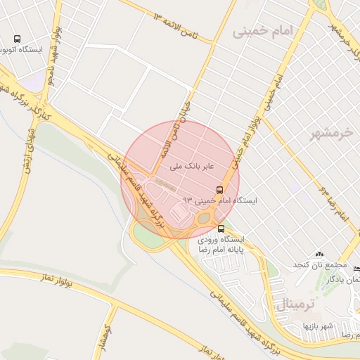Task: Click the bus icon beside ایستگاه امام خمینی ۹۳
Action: pyautogui.click(x=219, y=190)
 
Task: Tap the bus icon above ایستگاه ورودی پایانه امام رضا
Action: pyautogui.click(x=221, y=229)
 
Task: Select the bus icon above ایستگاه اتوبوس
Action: pyautogui.click(x=17, y=39)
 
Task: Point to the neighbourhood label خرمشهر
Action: pyautogui.click(x=329, y=134)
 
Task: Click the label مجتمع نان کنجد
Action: pyautogui.click(x=320, y=265)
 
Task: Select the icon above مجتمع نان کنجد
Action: pyautogui.click(x=320, y=254)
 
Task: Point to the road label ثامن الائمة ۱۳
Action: pyautogui.click(x=179, y=24)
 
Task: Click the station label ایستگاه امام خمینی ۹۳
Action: pyautogui.click(x=220, y=201)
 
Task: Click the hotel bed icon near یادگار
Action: pyautogui.click(x=356, y=269)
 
